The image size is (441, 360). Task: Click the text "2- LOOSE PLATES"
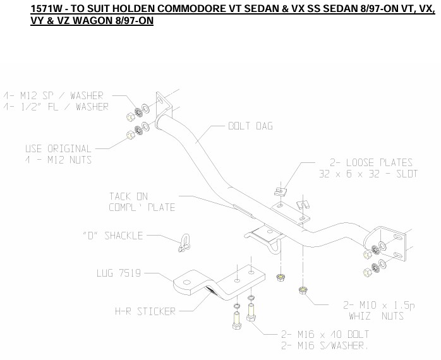pyautogui.click(x=370, y=162)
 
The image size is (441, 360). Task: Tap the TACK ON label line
pyautogui.click(x=128, y=196)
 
